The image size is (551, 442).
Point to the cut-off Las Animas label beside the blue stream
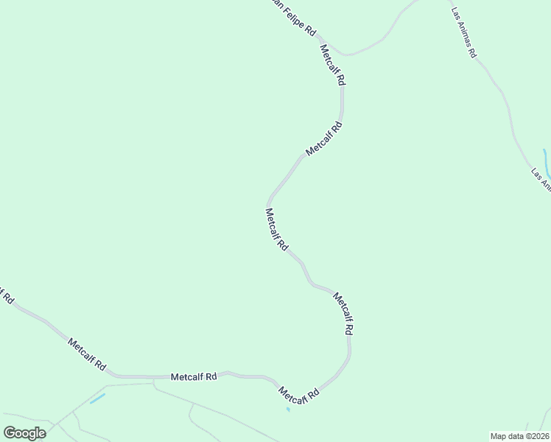tap(541, 178)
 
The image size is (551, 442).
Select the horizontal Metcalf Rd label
tap(194, 376)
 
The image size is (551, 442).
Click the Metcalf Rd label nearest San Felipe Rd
tap(333, 66)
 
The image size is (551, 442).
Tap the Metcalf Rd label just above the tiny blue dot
tap(299, 394)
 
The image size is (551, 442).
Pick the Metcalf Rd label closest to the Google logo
tap(87, 354)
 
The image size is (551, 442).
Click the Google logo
tap(25, 433)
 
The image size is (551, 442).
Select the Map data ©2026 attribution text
tap(519, 435)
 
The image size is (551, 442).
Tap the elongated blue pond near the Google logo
tap(97, 399)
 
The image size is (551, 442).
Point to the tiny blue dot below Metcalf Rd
tap(288, 409)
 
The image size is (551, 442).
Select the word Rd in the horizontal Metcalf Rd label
tap(211, 376)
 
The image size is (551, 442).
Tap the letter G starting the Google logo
tap(10, 433)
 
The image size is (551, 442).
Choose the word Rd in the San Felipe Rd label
tap(311, 32)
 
